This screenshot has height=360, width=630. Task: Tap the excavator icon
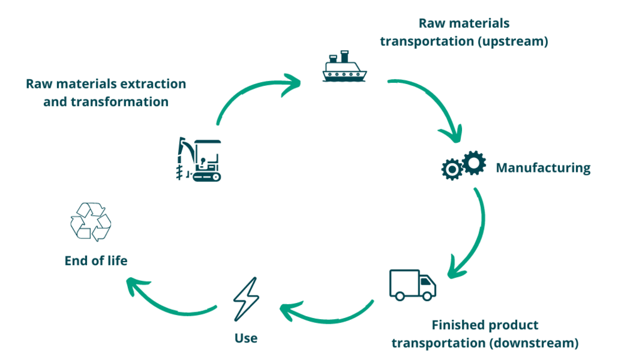tap(199, 159)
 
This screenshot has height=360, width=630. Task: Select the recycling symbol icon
tap(90, 222)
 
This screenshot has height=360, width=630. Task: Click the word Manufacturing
tap(543, 167)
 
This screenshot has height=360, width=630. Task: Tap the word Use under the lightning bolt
tap(246, 338)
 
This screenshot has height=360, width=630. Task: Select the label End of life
tap(96, 260)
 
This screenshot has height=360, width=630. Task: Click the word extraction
tap(152, 83)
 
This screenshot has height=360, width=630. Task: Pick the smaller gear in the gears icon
tap(451, 169)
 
